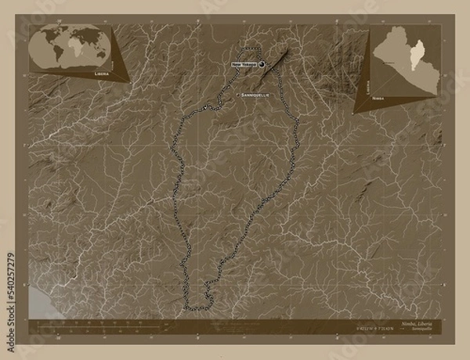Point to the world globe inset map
[x=68, y=46]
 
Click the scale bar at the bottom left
[x=78, y=322]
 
